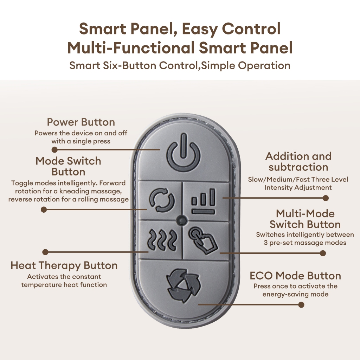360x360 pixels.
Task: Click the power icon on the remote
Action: (x=183, y=155)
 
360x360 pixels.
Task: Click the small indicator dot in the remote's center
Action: (x=182, y=220)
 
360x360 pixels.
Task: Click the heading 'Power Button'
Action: (x=81, y=122)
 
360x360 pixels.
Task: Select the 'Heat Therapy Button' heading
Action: (x=64, y=265)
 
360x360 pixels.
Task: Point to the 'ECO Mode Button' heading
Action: (x=295, y=276)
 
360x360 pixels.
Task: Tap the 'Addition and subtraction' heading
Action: (x=298, y=161)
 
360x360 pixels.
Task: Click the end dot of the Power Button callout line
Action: (x=55, y=149)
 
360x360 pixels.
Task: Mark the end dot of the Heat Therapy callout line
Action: (x=45, y=252)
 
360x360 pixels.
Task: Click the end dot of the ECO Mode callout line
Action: (x=301, y=304)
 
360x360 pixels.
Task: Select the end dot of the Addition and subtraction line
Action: (x=326, y=198)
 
